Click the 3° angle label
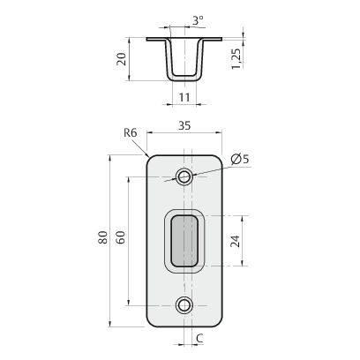pos(198,20)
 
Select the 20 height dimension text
pos(122,59)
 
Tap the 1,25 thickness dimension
pos(236,58)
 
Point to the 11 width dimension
pos(184,97)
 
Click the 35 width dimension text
pos(184,125)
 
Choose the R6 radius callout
pos(131,133)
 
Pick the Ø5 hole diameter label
pos(240,159)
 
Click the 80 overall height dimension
pos(103,237)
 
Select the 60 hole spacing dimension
pos(121,237)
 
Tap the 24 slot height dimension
pos(235,241)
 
